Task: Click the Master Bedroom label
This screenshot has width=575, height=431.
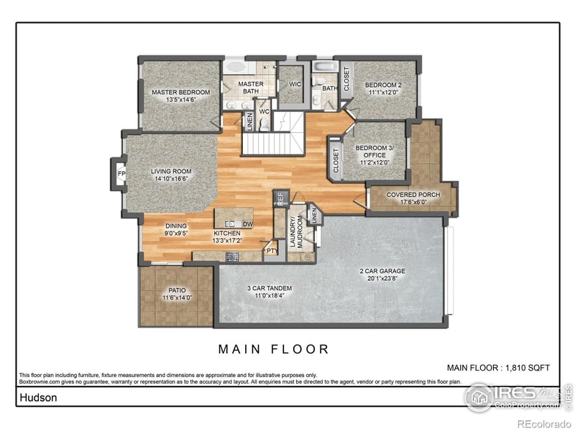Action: point(180,93)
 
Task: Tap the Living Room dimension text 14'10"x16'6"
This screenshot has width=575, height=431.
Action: point(171,180)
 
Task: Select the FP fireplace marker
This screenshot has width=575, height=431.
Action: point(121,173)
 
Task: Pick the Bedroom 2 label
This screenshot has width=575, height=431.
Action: point(385,85)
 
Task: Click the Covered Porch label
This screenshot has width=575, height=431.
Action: point(413,195)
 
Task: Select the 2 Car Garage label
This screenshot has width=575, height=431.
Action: point(382,272)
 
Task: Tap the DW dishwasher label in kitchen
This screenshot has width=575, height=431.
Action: point(247,225)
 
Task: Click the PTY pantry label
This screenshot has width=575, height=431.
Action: point(271,251)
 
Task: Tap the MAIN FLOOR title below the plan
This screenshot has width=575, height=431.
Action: point(274,350)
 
